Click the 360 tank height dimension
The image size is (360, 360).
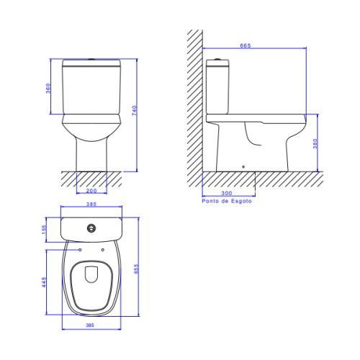[x=48, y=88]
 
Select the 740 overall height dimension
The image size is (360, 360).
[x=135, y=110]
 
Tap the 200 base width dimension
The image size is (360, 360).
[x=91, y=191]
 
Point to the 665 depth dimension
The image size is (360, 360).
[x=246, y=45]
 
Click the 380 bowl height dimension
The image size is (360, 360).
[x=315, y=143]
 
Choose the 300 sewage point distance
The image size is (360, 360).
[x=227, y=193]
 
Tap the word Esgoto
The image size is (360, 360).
[x=241, y=201]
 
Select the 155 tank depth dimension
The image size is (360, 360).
[x=43, y=230]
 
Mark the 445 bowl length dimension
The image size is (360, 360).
[x=43, y=282]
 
